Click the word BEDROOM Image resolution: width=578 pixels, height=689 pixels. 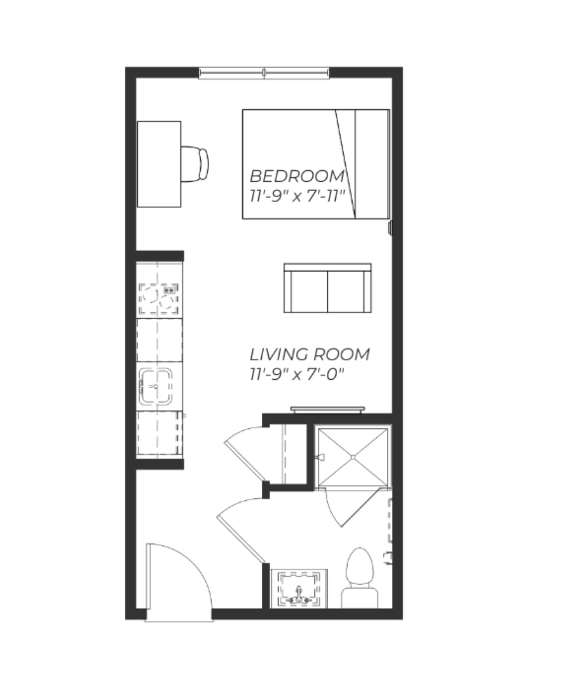tap(297, 176)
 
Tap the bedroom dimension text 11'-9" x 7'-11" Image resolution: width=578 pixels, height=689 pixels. tap(297, 196)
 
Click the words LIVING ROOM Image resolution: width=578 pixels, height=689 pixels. tap(310, 354)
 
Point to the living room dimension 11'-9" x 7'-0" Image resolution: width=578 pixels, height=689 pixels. tap(297, 374)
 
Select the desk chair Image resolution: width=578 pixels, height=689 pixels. tap(194, 164)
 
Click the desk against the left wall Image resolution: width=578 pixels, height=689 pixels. tap(159, 164)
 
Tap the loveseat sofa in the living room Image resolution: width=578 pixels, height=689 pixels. tap(327, 288)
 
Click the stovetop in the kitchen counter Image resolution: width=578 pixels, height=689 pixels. tap(158, 299)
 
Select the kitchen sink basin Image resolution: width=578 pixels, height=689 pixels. tap(156, 387)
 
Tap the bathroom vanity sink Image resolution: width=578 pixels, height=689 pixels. tap(299, 589)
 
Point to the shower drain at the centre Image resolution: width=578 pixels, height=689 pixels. tap(353, 457)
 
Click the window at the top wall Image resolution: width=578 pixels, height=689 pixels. tap(264, 73)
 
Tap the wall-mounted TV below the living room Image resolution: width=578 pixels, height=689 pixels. tap(327, 410)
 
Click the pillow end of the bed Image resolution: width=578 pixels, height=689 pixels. tap(372, 164)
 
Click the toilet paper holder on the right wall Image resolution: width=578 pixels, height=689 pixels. tap(388, 557)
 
